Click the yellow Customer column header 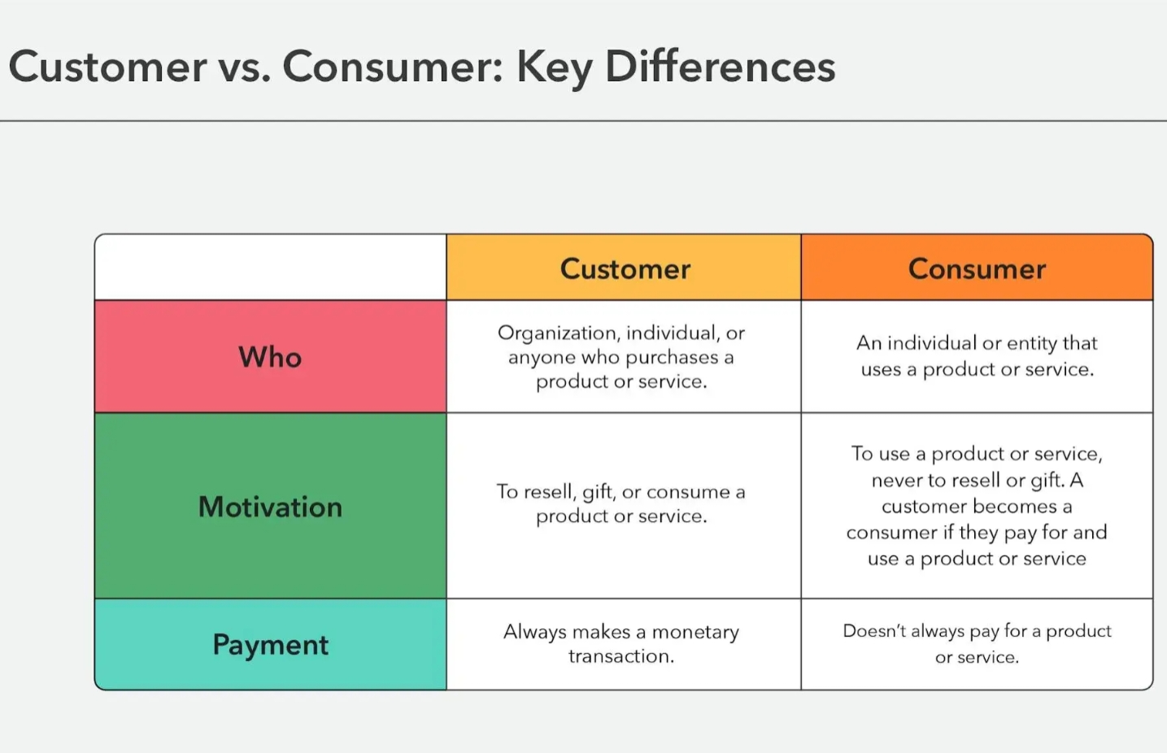click(624, 268)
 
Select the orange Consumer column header click(977, 268)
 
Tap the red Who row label click(270, 357)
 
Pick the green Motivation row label click(270, 506)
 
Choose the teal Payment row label click(270, 645)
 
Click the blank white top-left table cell click(270, 268)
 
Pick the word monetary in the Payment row click(695, 633)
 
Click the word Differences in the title click(720, 66)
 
